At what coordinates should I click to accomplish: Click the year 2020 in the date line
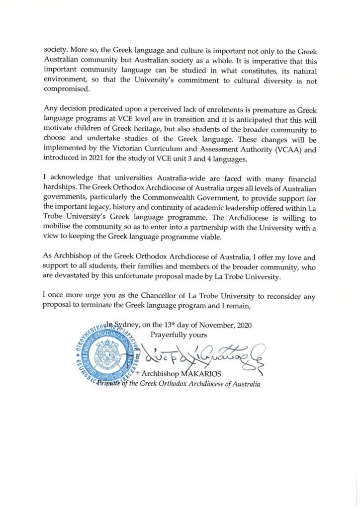243,326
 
